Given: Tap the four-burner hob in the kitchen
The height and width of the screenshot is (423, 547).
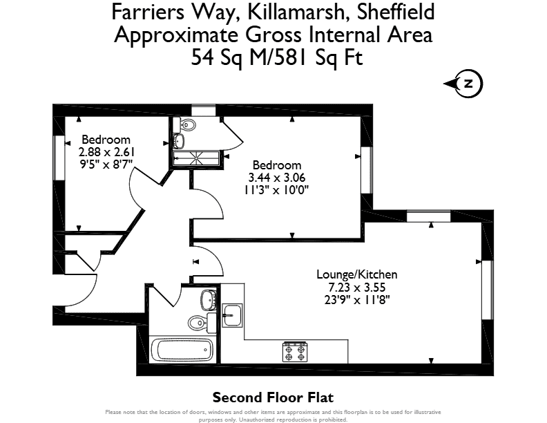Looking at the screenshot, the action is point(295,352).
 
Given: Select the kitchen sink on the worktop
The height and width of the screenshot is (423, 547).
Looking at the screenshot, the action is point(232,315).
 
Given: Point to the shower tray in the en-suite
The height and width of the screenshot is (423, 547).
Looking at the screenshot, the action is point(197,158).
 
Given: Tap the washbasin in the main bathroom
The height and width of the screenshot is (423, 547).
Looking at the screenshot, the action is point(209,299).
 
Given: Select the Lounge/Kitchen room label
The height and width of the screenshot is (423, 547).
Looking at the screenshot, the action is point(357,274).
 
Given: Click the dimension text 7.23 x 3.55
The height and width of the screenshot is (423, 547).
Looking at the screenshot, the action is point(357,288).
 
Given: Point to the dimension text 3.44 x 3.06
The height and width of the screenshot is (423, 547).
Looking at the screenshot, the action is point(277,178).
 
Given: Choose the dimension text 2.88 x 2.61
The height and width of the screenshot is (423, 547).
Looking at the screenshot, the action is point(106,152).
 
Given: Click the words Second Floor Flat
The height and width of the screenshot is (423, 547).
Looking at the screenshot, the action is point(273,397).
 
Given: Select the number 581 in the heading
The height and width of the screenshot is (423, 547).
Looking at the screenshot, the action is point(290,57).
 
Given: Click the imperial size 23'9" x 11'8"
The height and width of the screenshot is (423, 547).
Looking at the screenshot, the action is point(357,300).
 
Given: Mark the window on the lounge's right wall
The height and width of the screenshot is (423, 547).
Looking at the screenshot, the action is point(488,290).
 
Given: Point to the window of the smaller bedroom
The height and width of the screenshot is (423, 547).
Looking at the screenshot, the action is point(59,158).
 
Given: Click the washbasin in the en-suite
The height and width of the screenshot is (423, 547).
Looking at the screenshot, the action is point(179,141).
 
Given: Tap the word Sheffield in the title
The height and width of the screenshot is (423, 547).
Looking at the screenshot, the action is point(396,12).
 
